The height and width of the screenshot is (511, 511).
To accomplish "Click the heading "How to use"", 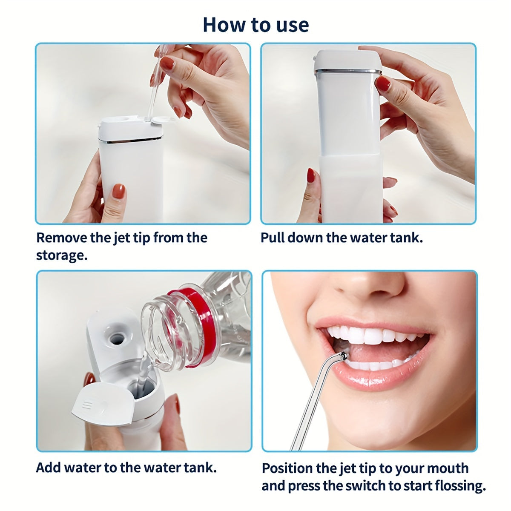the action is pyautogui.click(x=255, y=25).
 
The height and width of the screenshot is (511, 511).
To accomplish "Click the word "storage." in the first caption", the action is pyautogui.click(x=62, y=255).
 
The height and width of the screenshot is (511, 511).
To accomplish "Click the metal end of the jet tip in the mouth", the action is pyautogui.click(x=344, y=356).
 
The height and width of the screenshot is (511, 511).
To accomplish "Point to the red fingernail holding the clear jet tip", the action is pyautogui.click(x=167, y=63).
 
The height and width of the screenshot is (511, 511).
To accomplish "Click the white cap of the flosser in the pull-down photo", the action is pyautogui.click(x=348, y=60).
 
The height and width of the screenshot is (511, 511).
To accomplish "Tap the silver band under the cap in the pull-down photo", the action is pyautogui.click(x=347, y=71).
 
